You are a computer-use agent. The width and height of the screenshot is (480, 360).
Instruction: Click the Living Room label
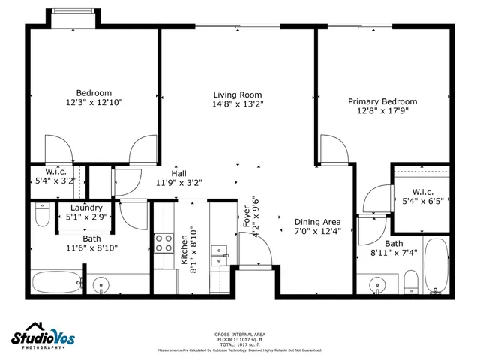pos(237,94)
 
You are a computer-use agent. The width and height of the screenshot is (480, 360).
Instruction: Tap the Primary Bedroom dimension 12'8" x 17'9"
pos(382,111)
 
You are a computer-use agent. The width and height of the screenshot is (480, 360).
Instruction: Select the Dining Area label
pos(317,222)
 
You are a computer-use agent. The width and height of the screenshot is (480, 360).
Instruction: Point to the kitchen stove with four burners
pos(163,244)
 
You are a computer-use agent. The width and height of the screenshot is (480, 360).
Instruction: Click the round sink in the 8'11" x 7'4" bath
pos(378,284)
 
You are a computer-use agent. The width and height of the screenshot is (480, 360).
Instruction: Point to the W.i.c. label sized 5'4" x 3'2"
pos(56,172)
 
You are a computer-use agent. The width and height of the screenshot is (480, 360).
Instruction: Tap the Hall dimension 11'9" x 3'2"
pos(178,182)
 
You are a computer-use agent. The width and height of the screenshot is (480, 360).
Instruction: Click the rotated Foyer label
pos(246,215)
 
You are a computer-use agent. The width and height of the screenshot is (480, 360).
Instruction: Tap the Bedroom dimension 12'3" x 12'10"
pos(94,102)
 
